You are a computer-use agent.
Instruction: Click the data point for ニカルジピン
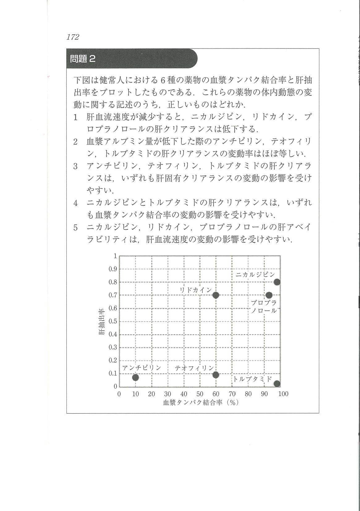coord(277,282)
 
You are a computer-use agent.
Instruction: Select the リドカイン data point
coord(216,295)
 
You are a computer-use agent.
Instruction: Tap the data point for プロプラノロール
coord(269,295)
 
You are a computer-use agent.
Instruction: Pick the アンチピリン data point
coord(135,377)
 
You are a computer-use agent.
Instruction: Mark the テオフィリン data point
coord(216,375)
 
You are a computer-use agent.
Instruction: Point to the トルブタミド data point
coord(277,384)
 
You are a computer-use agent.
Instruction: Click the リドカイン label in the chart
coord(196,290)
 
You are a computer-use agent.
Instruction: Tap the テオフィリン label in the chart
coord(194,368)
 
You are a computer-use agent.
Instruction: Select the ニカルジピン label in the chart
coord(255,275)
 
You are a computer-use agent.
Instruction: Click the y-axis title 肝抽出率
coord(102,321)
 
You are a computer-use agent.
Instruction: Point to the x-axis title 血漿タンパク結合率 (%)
coord(201,402)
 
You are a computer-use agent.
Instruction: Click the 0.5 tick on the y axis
coord(113,321)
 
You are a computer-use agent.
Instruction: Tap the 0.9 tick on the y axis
coord(113,269)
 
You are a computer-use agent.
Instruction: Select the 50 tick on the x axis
coord(200,394)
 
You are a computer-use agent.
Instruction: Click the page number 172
coord(73,37)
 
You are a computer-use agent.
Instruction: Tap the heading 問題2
coord(83,59)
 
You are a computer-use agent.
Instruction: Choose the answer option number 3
coord(75,166)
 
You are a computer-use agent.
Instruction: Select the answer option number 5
coord(75,228)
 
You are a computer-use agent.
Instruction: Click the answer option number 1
coord(75,117)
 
